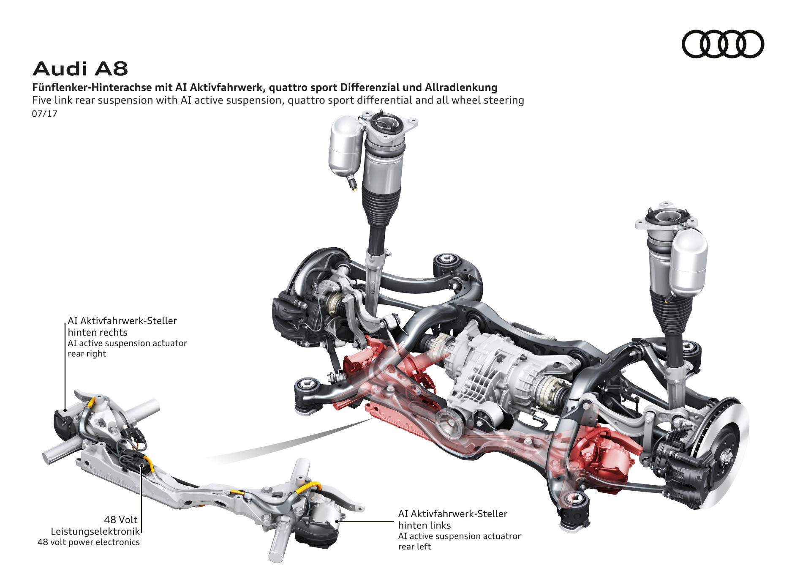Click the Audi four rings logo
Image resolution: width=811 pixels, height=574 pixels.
pos(723,44)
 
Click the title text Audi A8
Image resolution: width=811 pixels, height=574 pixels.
pos(80,69)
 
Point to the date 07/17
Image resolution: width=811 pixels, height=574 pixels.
pos(44,114)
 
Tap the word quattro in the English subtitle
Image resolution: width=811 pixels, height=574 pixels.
pos(304,100)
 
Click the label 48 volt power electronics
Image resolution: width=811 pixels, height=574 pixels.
pos(88,542)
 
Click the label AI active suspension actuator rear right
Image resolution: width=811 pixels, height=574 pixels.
pos(127,348)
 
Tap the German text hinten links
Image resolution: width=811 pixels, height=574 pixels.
pos(424,525)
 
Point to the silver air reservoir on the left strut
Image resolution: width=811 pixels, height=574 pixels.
pos(346,146)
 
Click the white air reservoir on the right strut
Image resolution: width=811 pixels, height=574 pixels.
pos(689,262)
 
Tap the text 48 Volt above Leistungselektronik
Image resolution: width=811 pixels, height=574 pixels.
pos(121,519)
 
